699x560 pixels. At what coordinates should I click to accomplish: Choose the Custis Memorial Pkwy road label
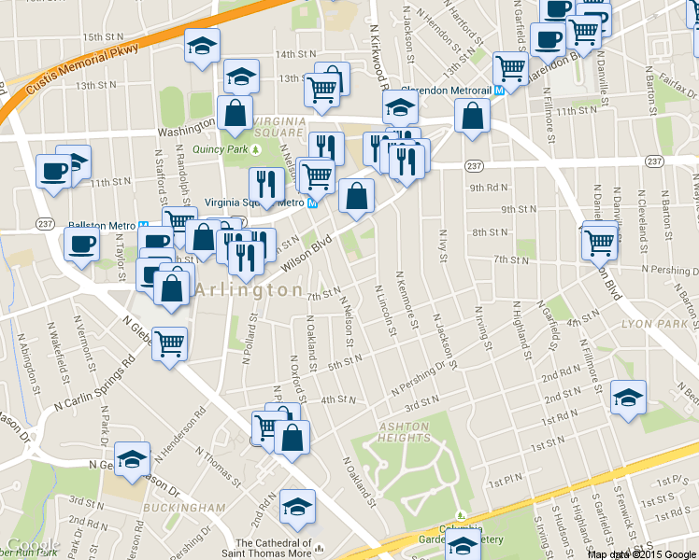click(84, 58)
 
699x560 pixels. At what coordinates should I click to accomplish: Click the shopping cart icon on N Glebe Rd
click(169, 343)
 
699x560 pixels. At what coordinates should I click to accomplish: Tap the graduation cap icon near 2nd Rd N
click(298, 506)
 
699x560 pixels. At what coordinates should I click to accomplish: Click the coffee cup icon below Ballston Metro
click(81, 245)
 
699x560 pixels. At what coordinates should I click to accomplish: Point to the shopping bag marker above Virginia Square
click(235, 114)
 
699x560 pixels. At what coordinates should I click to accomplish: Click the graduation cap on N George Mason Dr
click(133, 458)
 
